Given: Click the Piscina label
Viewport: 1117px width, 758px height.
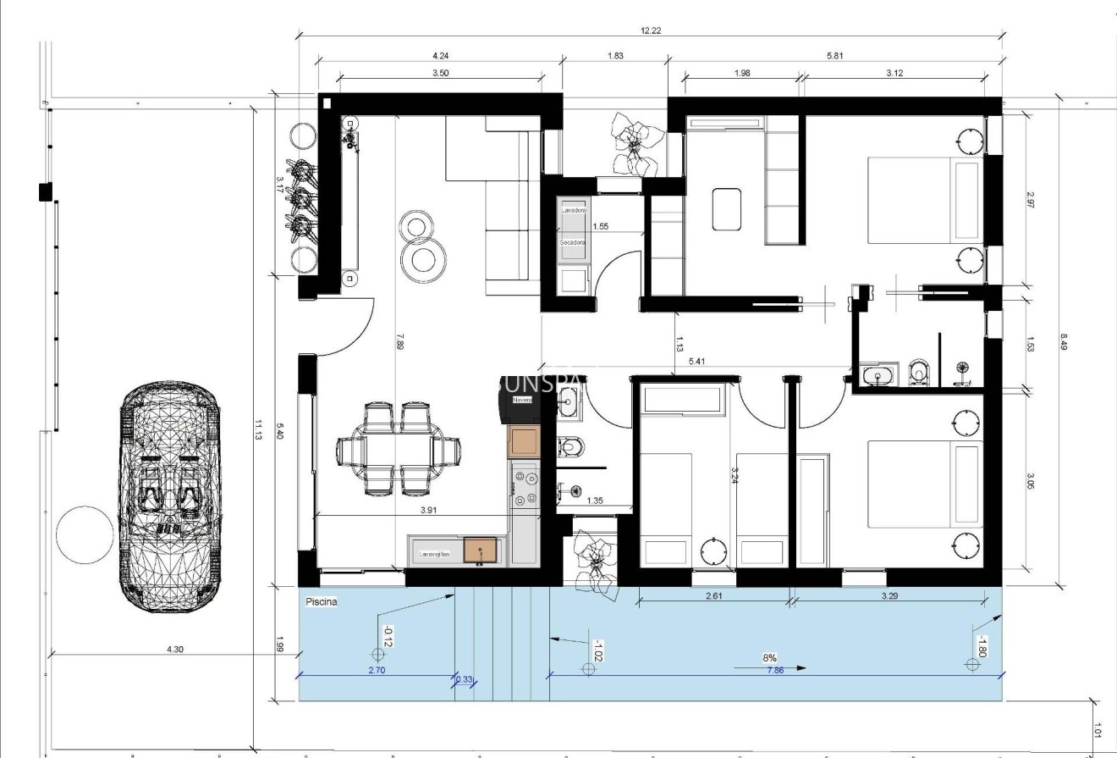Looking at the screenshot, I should pos(322,601).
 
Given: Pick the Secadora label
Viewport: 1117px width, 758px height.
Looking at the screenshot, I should pos(573,242).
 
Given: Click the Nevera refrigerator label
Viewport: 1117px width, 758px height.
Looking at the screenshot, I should pos(520,400).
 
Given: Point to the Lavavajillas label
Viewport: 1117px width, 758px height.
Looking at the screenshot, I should pos(435,555).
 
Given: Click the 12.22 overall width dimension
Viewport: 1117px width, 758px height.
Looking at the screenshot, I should pos(650,30).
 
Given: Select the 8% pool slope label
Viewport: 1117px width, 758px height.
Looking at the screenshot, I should pos(769,657).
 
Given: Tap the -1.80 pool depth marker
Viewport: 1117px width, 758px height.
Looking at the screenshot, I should pos(982,646).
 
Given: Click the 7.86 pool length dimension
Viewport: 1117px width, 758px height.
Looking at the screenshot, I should pos(774,669).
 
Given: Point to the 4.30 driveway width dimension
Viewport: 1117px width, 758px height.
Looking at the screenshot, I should pos(174,649).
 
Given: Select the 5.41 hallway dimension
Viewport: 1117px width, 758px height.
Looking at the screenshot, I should pos(697,362).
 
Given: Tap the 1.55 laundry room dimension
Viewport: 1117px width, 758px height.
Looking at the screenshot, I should pos(601,226).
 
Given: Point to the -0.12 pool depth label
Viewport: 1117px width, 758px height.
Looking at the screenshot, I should pos(387,637).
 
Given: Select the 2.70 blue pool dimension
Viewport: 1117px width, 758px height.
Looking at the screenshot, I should pos(377,670).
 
